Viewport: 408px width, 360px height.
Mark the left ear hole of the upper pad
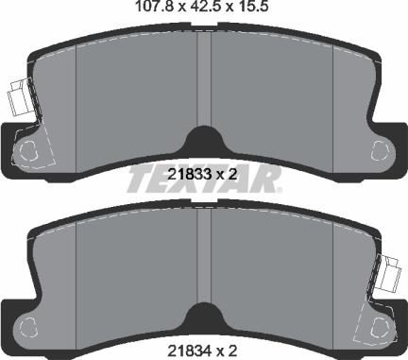(x=29, y=148)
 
